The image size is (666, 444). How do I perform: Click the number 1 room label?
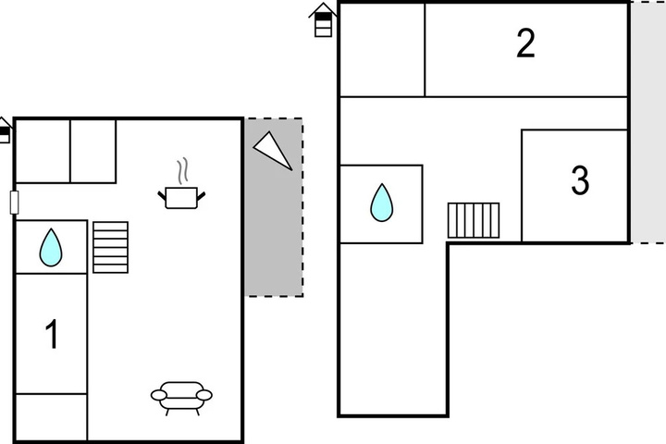pos(52,334)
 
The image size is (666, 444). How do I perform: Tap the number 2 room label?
pos(525,43)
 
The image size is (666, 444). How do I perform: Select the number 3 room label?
pos(580,180)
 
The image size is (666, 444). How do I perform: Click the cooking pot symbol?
pos(181,198)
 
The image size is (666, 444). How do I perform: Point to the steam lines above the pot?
pos(182,171)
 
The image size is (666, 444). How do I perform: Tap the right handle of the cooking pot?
pos(201,196)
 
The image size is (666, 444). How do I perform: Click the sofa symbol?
pos(181,398)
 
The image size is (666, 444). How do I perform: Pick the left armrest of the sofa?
pos(159,396)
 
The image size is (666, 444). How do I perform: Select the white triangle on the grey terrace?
pos(273,151)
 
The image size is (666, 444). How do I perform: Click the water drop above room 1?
pos(51,248)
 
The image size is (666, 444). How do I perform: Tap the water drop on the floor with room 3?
pos(381,203)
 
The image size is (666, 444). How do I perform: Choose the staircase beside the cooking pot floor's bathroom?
pos(110,247)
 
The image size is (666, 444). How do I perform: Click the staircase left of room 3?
pos(474,220)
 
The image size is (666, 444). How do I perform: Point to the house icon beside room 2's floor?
pos(323,20)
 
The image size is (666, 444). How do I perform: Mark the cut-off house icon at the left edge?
pos(5,130)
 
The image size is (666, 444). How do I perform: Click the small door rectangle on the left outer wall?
pos(15,203)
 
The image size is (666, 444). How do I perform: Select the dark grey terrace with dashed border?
pos(274,207)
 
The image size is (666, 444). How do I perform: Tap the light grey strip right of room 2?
pos(647,122)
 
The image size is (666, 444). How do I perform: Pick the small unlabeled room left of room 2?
pos(382,50)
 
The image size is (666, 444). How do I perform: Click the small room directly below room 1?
pos(52,417)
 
